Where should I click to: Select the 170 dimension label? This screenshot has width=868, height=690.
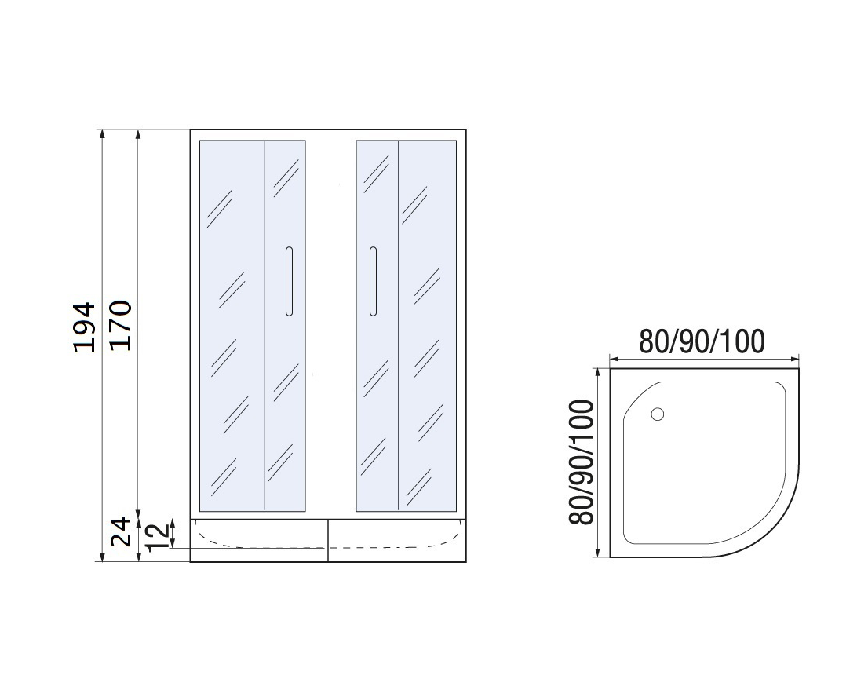(120, 325)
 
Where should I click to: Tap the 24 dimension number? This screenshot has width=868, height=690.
(121, 531)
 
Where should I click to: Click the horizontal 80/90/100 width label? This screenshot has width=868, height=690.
(702, 341)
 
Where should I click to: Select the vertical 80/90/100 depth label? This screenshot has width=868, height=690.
(582, 462)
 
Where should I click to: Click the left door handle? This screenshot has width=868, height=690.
(288, 281)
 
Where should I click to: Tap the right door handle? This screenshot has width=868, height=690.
(373, 281)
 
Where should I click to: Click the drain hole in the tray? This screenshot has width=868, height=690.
(658, 414)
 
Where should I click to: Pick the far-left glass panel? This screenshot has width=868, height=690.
(232, 326)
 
